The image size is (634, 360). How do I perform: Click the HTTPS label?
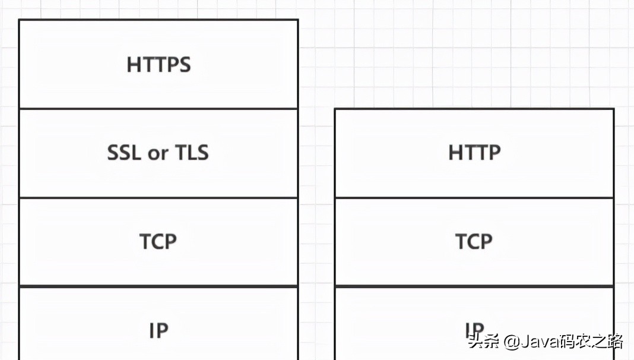pos(158,64)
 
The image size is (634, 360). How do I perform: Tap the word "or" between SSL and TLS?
pos(158,154)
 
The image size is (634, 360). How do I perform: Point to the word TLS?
pos(192,153)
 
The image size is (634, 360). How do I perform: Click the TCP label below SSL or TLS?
pos(158,242)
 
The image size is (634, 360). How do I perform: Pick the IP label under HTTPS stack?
pos(158,330)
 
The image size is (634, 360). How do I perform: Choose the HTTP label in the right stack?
pos(474,153)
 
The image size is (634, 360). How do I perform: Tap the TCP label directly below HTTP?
pos(474,242)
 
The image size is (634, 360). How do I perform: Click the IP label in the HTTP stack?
pos(474,329)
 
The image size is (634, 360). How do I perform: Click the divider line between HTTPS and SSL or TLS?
pos(158,109)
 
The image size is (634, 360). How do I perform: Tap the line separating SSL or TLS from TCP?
pos(158,198)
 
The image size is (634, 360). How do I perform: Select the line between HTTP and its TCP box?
pos(474,198)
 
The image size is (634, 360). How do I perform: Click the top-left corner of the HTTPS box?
pos(19,20)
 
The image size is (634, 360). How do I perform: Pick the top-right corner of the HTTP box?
pos(613,109)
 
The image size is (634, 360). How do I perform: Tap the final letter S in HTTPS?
pos(185,64)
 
